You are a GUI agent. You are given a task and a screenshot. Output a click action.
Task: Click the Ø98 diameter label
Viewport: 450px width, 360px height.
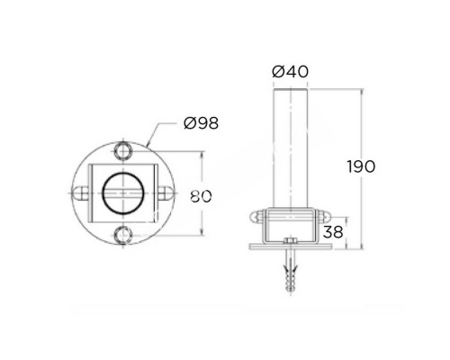click(201, 123)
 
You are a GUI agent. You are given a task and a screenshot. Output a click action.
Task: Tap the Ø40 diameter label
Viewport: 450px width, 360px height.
click(290, 72)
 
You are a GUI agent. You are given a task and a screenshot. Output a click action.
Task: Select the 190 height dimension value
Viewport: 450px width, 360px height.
click(362, 166)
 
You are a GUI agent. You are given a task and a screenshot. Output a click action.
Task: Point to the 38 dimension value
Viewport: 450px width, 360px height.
click(333, 232)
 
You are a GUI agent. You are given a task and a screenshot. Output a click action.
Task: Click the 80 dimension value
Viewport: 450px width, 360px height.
click(201, 197)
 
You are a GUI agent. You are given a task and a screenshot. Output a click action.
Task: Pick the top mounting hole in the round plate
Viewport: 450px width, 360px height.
click(123, 151)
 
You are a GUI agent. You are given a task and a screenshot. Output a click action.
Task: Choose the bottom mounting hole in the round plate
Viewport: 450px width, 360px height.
click(123, 235)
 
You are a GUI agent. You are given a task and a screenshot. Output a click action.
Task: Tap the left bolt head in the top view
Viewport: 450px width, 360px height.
click(80, 193)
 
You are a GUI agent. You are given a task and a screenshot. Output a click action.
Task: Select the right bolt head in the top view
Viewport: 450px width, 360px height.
click(166, 193)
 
